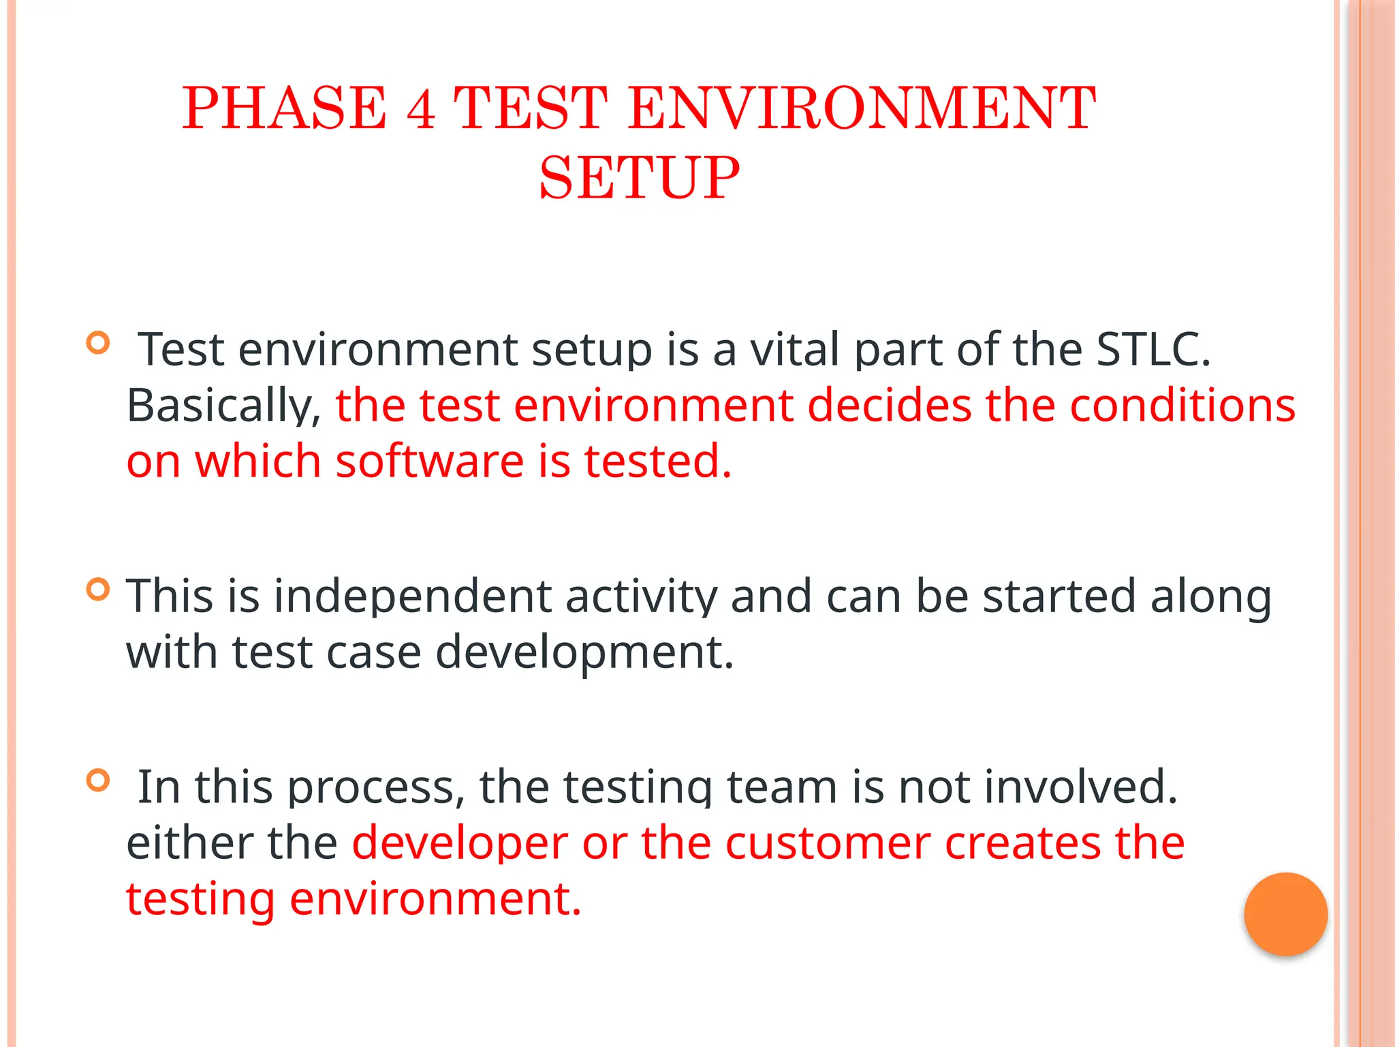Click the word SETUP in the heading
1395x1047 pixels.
click(x=639, y=178)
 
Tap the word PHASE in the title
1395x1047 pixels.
click(x=284, y=108)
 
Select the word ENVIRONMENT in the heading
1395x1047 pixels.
click(x=862, y=108)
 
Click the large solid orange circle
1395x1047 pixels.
click(x=1285, y=914)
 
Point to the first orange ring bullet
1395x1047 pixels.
click(x=99, y=342)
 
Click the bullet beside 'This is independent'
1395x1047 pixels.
click(x=99, y=589)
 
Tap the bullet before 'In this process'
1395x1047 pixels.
click(x=99, y=780)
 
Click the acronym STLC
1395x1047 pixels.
click(x=1153, y=350)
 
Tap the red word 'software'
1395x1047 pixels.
click(x=430, y=461)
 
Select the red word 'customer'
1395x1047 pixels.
click(x=828, y=843)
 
